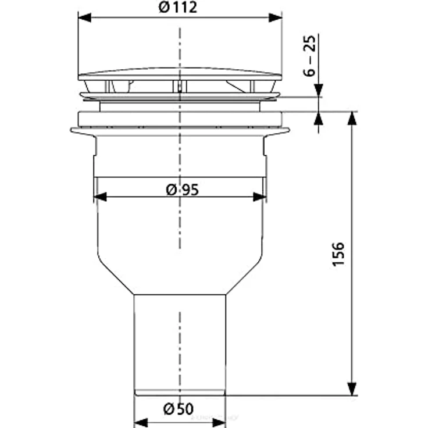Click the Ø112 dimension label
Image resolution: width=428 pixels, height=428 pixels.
coord(178,8)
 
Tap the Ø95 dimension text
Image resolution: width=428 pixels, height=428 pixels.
coord(183,190)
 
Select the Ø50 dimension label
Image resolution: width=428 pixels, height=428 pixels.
coord(179,409)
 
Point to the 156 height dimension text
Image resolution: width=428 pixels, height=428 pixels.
coord(338,254)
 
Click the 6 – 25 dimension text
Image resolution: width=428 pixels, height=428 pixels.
coord(309,56)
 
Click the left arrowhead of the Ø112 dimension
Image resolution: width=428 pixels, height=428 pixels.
coord(85,17)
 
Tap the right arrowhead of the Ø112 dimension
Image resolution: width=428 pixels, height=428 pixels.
coord(275,17)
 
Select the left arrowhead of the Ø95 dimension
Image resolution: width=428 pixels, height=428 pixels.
coord(100,197)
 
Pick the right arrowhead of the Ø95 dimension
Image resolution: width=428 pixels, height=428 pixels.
coord(259,197)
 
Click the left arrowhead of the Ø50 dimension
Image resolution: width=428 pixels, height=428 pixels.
coord(141,423)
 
